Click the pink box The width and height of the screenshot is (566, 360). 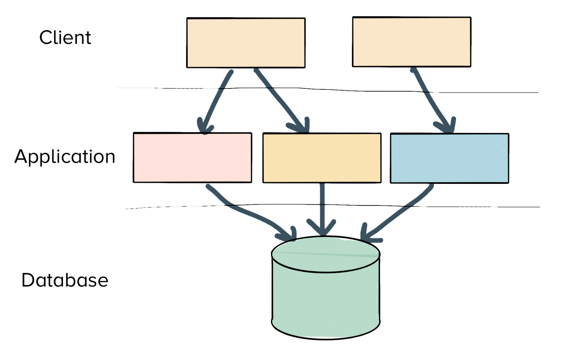(192, 158)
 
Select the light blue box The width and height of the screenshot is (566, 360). (449, 158)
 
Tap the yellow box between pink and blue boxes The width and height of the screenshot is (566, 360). (322, 158)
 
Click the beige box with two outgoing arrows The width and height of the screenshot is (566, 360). (246, 43)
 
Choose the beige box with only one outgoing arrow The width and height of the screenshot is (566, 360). (411, 41)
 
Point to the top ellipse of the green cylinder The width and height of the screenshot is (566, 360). (325, 254)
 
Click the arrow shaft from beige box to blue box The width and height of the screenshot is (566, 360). (430, 97)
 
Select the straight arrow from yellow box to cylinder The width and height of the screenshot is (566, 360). (322, 205)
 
